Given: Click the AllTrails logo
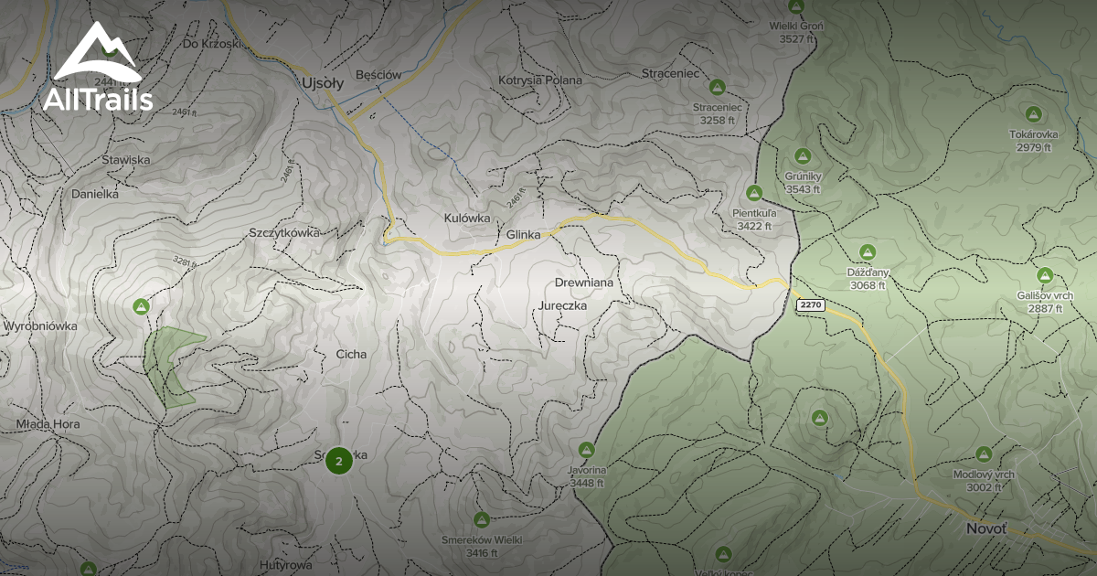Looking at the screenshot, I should (97, 69).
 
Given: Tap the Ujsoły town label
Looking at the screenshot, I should (322, 83).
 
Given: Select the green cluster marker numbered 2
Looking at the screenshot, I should (339, 461).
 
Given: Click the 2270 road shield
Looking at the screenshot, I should (811, 304).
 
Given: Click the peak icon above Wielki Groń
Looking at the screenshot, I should (795, 7).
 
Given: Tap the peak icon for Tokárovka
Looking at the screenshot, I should (1033, 114).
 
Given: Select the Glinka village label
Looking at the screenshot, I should (523, 235).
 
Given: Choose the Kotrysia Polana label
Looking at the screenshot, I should (540, 80).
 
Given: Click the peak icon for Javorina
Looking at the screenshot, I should (587, 449).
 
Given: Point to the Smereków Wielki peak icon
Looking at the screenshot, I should (481, 519).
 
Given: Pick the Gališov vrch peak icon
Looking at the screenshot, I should (1045, 275).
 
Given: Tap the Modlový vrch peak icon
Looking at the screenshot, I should (984, 453).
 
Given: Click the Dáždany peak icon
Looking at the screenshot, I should (868, 251).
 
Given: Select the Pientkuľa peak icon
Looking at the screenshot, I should (754, 193).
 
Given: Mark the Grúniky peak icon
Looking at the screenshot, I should (803, 156).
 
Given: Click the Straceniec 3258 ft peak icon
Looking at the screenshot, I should (718, 87).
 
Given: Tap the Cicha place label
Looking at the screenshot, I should (351, 354).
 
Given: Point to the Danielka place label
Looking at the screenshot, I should (95, 194).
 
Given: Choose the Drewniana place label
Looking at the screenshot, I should (583, 283).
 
